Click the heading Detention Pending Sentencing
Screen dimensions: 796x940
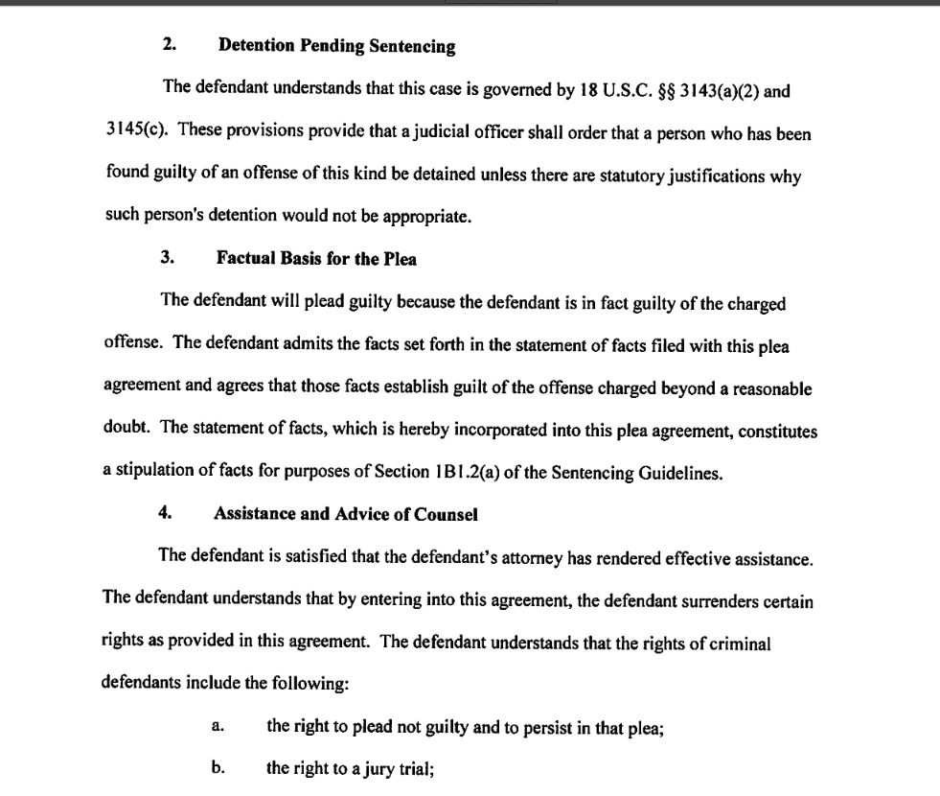336,45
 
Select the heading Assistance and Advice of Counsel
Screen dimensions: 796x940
345,514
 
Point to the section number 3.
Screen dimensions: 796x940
168,258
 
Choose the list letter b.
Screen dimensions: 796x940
217,770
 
